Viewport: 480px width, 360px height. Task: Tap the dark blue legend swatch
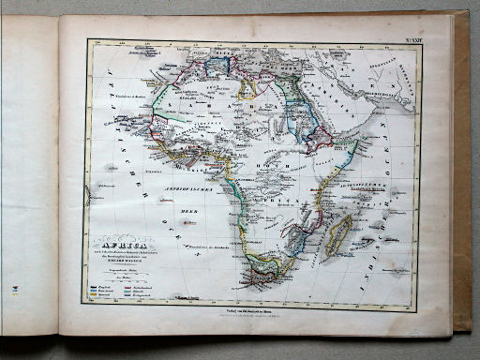point(97,286)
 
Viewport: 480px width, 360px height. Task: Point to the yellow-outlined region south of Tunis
point(247,89)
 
